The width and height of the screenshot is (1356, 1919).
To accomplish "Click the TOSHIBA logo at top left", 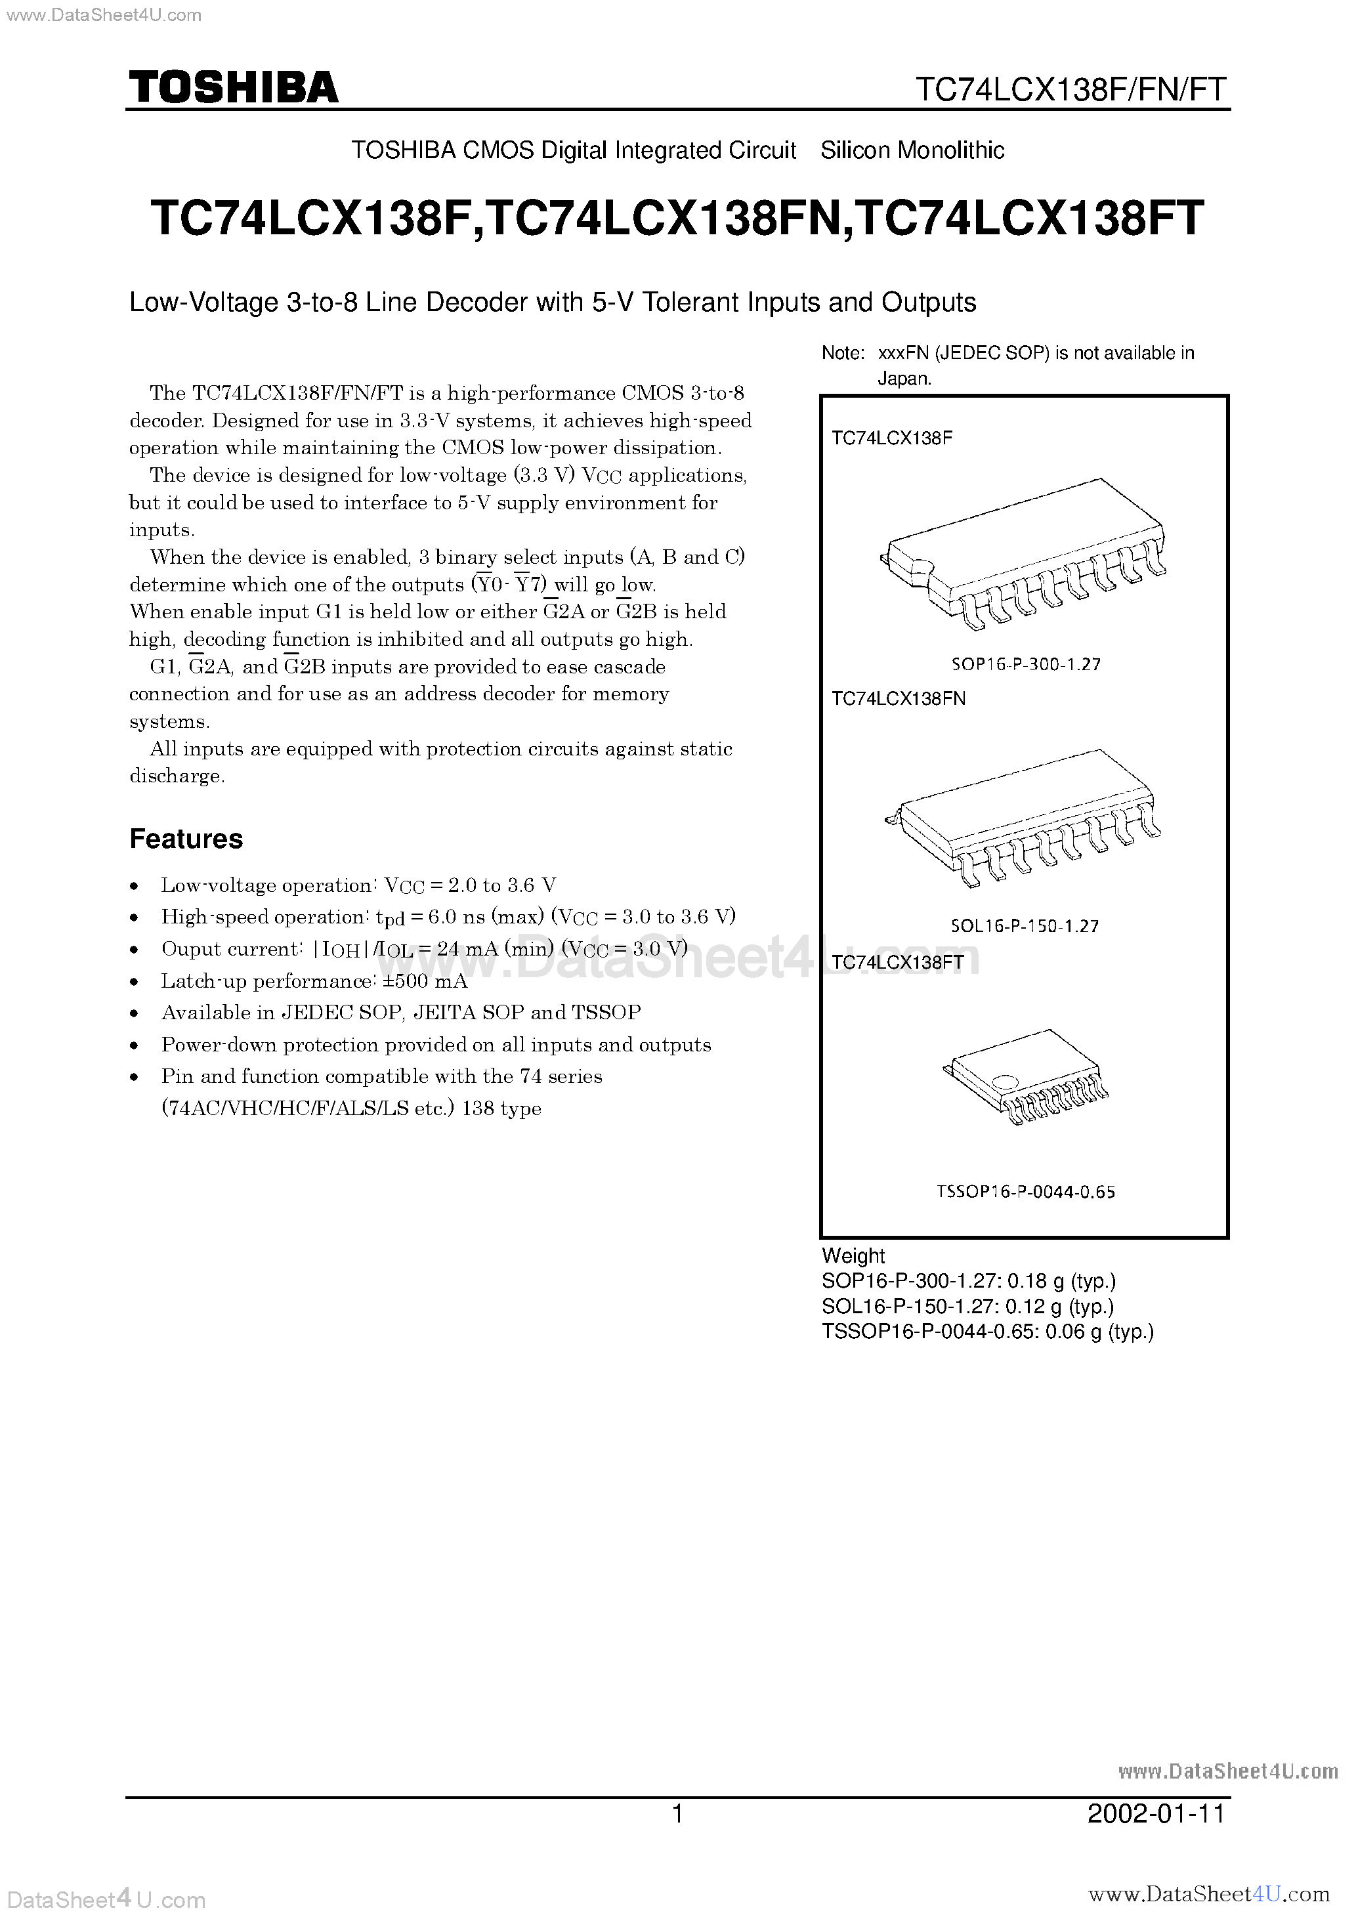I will (x=232, y=87).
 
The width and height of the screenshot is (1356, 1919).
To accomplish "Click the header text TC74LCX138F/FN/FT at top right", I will (x=1071, y=89).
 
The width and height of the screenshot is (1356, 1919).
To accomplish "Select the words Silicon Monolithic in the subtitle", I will (x=912, y=150).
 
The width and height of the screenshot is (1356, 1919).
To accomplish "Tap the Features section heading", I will (x=186, y=838).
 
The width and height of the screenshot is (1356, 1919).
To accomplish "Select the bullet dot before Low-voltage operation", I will (x=135, y=886).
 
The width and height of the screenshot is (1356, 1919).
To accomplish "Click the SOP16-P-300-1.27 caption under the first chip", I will (x=1025, y=664).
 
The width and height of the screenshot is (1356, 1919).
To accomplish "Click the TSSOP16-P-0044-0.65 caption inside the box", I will (x=1025, y=1192).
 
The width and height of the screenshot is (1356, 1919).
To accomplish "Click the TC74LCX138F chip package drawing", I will (x=1024, y=555).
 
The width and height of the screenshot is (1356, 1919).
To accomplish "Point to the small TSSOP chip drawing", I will (x=1026, y=1076).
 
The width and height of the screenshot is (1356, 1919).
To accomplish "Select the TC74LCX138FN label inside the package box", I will (x=898, y=699).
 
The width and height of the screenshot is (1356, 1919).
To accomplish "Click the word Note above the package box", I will (x=841, y=354).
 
